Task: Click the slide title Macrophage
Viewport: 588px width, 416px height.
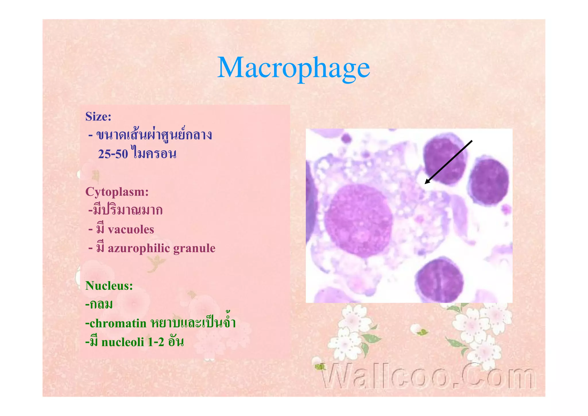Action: click(293, 68)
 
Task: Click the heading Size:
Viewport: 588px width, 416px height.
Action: click(98, 117)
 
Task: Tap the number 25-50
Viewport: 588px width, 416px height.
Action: click(113, 154)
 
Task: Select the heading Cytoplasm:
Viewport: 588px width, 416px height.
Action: click(117, 192)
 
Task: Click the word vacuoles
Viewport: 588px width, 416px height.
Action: click(131, 230)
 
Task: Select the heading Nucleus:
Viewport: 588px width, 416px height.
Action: click(109, 286)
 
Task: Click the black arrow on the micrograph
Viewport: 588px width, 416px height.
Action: click(448, 162)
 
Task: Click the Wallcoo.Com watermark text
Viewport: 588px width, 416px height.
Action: click(428, 376)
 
